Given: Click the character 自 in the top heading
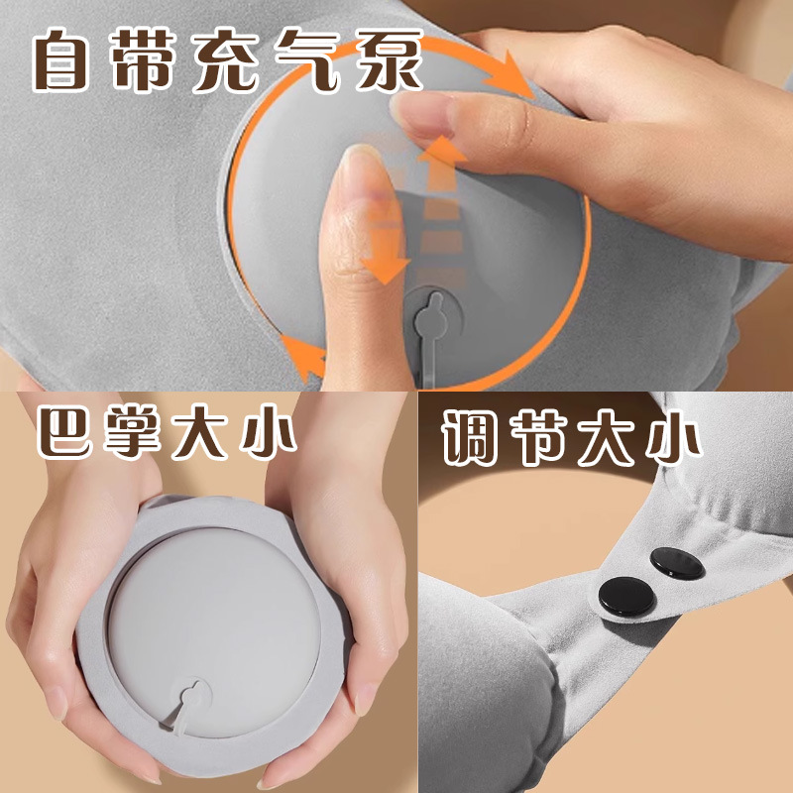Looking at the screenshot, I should (71, 62).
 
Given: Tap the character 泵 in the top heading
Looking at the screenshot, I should (386, 62).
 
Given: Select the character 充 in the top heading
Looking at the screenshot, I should (230, 62).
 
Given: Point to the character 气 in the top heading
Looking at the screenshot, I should (309, 62).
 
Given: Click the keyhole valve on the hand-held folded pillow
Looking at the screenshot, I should (192, 690).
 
